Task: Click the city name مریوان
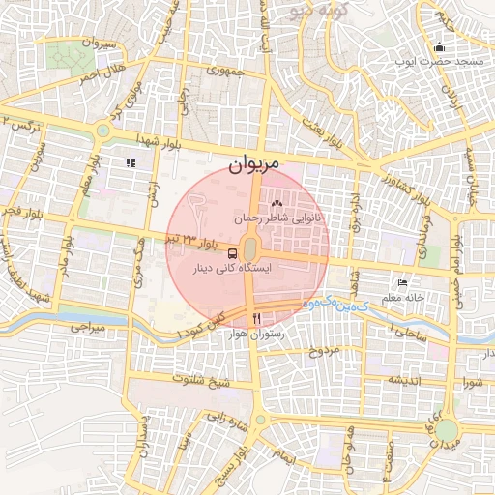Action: coord(254,164)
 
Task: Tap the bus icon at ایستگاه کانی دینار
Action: coord(259,253)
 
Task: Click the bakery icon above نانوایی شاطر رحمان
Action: coord(277,204)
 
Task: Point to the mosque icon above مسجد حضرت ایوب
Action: coord(440,47)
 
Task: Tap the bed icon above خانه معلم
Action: coord(402,282)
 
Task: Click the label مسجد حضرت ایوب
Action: coord(438,62)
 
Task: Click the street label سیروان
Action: coord(101,44)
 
